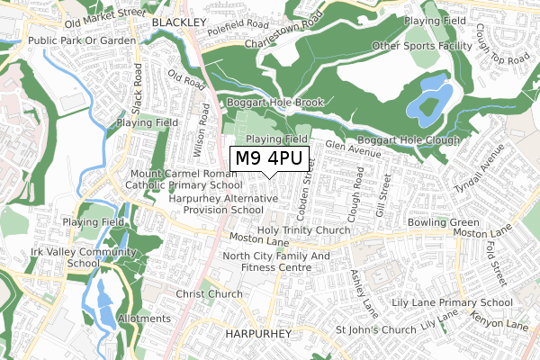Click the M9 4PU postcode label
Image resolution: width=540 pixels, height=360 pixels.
coord(270,158)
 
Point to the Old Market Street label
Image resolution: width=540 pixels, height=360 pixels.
coord(104,14)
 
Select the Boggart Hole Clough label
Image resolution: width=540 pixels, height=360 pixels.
coord(409,140)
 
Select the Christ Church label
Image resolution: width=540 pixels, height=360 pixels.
coord(209,294)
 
